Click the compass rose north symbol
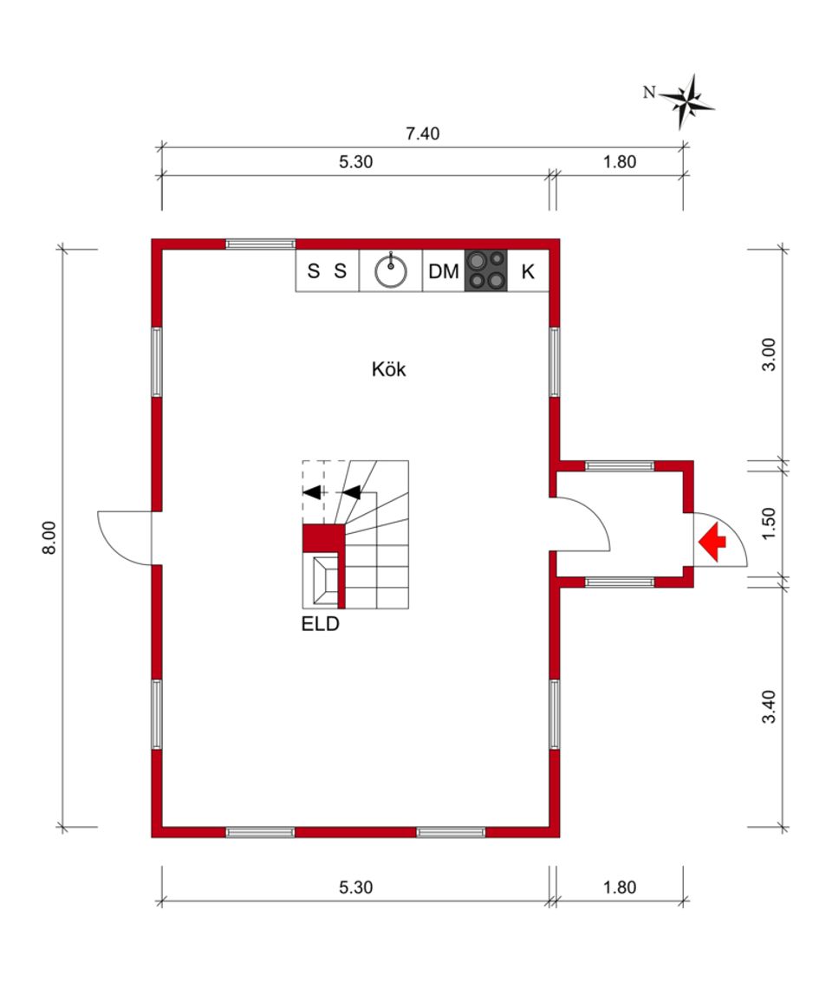pyautogui.click(x=686, y=101)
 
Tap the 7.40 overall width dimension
pyautogui.click(x=423, y=133)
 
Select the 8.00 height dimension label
pyautogui.click(x=49, y=537)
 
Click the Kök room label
pyautogui.click(x=389, y=369)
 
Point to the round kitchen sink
pyautogui.click(x=391, y=271)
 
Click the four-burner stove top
pyautogui.click(x=486, y=270)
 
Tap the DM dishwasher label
pyautogui.click(x=443, y=271)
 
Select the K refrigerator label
pyautogui.click(x=528, y=271)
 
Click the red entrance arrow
pyautogui.click(x=712, y=543)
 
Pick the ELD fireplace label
pyautogui.click(x=320, y=624)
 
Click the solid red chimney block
pyautogui.click(x=323, y=538)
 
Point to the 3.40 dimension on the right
pyautogui.click(x=769, y=706)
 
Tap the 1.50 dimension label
pyautogui.click(x=769, y=523)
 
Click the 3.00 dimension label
pyautogui.click(x=769, y=354)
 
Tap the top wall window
pyautogui.click(x=260, y=244)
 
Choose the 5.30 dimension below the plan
pyautogui.click(x=355, y=887)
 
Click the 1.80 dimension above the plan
pyautogui.click(x=620, y=161)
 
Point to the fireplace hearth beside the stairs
pyautogui.click(x=324, y=581)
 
